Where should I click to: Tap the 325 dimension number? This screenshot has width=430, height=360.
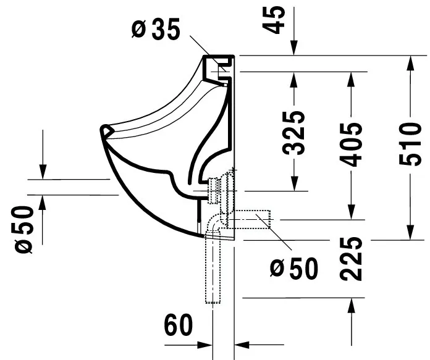coord(296,132)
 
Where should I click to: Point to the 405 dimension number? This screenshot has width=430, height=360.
coord(352,144)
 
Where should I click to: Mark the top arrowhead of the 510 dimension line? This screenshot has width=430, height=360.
coord(408,61)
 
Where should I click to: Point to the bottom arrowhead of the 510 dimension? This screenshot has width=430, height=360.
coord(408,233)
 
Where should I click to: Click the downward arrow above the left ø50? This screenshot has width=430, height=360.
coord(43,173)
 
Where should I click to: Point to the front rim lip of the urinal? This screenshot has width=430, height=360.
coord(106,132)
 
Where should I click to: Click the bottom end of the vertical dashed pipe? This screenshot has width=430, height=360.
coord(212,301)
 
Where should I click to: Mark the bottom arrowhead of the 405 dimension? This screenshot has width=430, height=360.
coord(352,213)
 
